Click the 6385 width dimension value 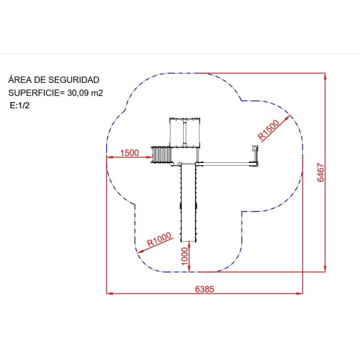[204, 289]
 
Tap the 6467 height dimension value [320, 172]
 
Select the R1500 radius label [268, 130]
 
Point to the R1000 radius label [159, 239]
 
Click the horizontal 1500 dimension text [130, 153]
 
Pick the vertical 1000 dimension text [184, 256]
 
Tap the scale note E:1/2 [19, 105]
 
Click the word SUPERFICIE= [37, 93]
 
